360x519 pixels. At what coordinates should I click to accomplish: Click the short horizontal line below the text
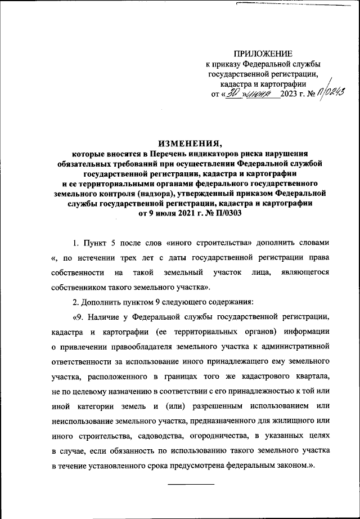[191, 484]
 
